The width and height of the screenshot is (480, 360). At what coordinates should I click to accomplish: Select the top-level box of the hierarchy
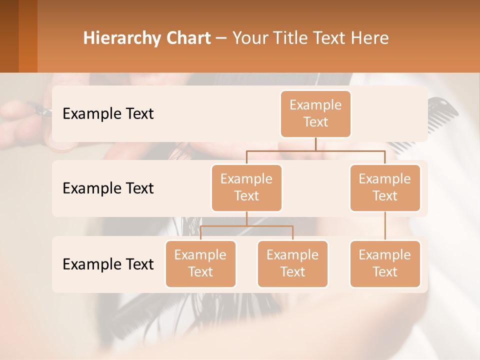(315, 113)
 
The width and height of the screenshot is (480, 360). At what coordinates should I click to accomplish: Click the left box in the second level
(246, 187)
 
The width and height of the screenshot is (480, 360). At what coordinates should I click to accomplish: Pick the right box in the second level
(385, 187)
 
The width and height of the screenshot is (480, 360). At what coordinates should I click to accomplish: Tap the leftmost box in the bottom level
(200, 263)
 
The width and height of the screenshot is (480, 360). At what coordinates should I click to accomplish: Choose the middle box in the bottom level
(292, 263)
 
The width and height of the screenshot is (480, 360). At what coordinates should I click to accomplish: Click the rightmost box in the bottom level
(385, 263)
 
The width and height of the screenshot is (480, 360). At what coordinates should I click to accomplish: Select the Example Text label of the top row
(108, 113)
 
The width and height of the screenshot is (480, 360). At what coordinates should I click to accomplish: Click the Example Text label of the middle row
(108, 188)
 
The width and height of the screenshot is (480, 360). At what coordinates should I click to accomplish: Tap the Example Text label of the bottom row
(108, 264)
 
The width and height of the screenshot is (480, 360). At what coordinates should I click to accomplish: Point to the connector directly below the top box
(315, 144)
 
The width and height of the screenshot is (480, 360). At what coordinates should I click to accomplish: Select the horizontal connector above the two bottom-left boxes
(246, 226)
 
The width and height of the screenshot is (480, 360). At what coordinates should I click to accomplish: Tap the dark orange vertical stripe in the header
(28, 36)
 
